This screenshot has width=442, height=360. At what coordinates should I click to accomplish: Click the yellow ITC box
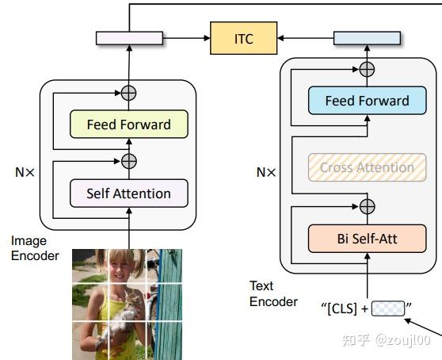click(x=244, y=38)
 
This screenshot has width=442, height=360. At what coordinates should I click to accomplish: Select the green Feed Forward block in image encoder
click(x=128, y=124)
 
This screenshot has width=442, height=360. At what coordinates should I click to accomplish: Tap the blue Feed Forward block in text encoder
click(x=367, y=101)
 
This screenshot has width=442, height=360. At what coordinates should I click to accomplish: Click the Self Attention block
click(x=128, y=193)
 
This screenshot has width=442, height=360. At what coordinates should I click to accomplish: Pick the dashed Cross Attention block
click(x=367, y=167)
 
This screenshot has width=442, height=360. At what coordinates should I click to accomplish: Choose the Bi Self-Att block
click(x=367, y=238)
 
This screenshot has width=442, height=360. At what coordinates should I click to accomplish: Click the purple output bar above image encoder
click(x=129, y=38)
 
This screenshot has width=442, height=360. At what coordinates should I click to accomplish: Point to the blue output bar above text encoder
click(x=367, y=38)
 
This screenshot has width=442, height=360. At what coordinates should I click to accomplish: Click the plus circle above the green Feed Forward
click(x=128, y=93)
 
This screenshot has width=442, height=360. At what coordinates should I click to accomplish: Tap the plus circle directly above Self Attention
click(x=128, y=161)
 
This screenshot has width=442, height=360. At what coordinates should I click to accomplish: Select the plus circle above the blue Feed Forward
click(x=367, y=69)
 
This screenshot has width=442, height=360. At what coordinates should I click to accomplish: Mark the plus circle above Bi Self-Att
click(x=367, y=207)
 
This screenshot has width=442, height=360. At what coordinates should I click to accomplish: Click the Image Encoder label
click(x=33, y=247)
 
